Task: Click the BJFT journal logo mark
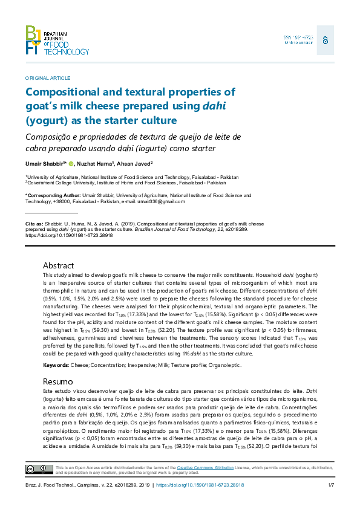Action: (33, 41)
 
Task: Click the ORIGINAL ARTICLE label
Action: (48, 78)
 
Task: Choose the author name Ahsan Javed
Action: (135, 164)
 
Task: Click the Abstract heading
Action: (58, 265)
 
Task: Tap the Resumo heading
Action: (58, 382)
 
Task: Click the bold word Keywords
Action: (56, 366)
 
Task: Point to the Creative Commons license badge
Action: (38, 469)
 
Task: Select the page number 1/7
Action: (331, 485)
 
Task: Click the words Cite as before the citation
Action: (34, 223)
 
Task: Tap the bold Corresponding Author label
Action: (51, 196)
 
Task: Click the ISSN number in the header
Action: (298, 37)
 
